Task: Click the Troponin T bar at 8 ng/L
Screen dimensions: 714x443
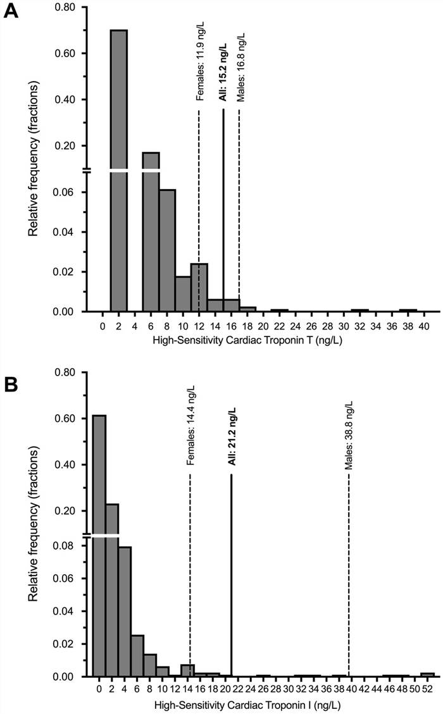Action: tap(167, 250)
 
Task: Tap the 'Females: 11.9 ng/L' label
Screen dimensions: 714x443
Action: tap(200, 63)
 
